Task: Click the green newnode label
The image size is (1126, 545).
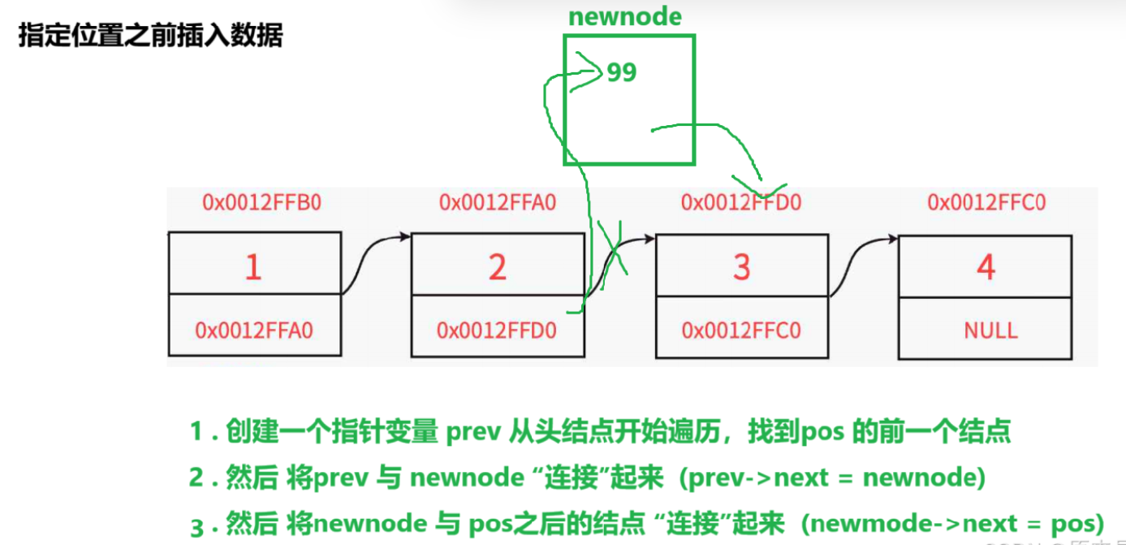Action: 625,16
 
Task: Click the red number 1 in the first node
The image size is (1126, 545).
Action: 253,266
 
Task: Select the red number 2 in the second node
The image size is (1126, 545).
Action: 497,266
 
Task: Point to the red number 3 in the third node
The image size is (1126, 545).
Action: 741,266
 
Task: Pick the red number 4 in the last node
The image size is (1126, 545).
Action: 986,266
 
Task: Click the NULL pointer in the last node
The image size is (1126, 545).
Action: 990,331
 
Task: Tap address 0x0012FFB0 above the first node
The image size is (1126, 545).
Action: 261,202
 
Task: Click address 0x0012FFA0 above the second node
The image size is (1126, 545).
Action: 498,202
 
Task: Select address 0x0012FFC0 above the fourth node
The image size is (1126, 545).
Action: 987,202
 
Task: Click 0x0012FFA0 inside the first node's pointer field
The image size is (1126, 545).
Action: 254,331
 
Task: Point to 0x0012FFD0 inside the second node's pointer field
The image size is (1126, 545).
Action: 497,331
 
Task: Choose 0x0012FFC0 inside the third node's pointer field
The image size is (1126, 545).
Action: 741,331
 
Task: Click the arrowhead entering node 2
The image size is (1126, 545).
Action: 405,237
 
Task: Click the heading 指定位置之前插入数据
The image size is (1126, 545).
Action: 150,37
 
